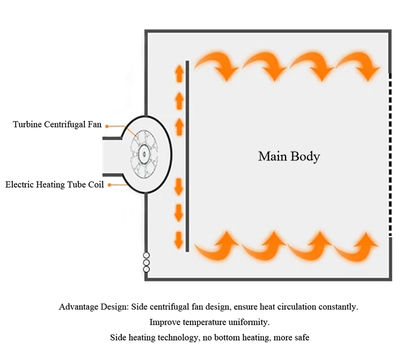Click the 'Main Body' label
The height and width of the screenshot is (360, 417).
[289, 157]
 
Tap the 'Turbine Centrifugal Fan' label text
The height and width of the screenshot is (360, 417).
[57, 125]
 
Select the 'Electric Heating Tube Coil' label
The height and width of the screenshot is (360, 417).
[55, 185]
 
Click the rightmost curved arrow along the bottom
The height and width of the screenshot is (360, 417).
[357, 246]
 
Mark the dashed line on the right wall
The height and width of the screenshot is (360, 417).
[390, 155]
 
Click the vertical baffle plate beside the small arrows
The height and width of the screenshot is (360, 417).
[187, 156]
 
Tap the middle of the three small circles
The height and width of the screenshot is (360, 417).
[146, 262]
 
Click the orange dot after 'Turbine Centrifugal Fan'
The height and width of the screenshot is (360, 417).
[107, 126]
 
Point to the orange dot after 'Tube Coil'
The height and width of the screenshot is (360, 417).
[110, 185]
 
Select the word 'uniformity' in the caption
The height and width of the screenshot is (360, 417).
[250, 322]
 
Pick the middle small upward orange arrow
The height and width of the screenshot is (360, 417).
[179, 99]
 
